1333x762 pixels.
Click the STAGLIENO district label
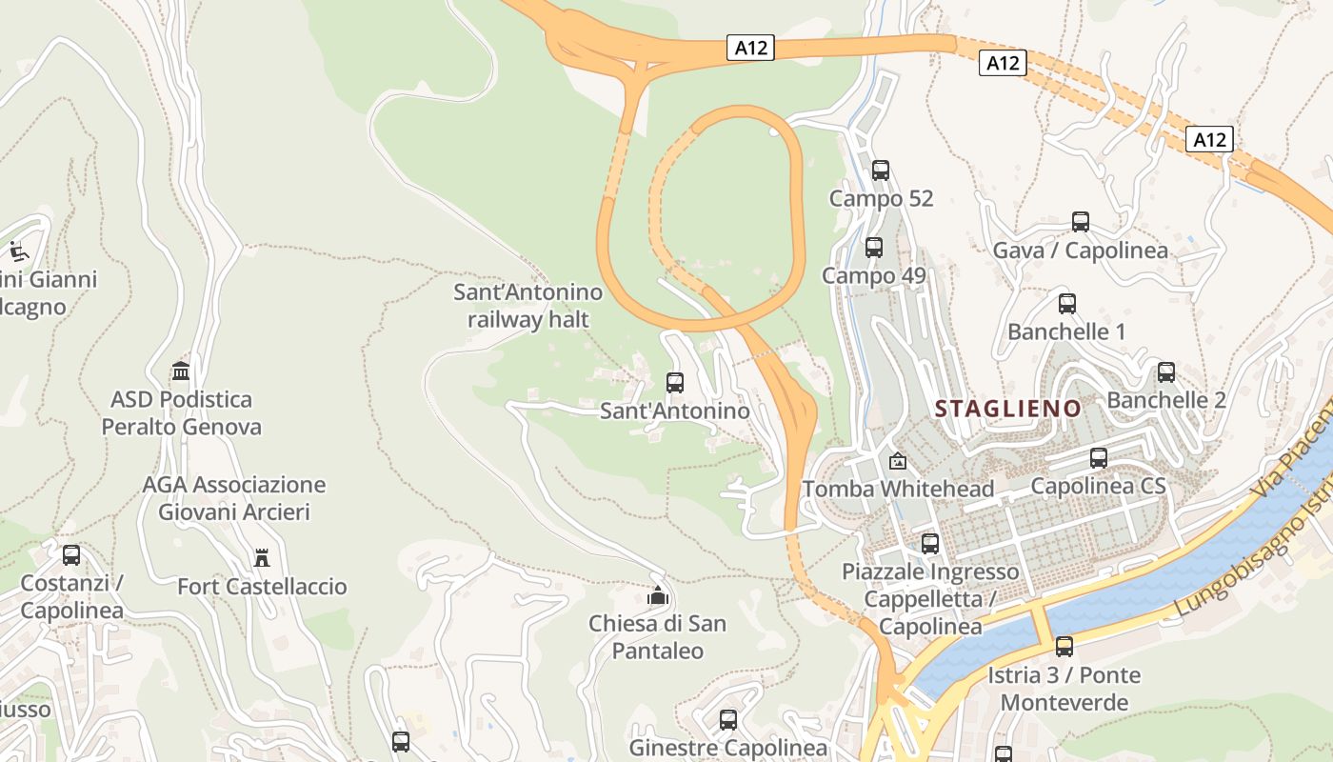click(1007, 409)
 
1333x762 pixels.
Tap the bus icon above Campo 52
click(881, 170)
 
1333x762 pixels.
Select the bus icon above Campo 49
click(874, 248)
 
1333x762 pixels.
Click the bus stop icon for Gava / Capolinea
click(1081, 222)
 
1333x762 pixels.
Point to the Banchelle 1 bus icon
click(1067, 304)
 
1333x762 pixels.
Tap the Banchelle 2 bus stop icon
click(1166, 372)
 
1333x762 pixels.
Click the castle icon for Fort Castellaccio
click(262, 557)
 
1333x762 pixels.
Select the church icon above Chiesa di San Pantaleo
click(657, 596)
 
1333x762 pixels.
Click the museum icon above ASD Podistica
click(181, 371)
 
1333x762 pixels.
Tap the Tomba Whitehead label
click(898, 489)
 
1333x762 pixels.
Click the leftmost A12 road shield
click(750, 48)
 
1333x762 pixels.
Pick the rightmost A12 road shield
click(1210, 140)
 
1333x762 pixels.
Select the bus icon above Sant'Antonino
click(675, 383)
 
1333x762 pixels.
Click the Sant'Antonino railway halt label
click(528, 306)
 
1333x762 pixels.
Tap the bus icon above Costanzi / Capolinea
click(71, 554)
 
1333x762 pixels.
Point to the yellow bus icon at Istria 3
click(1064, 647)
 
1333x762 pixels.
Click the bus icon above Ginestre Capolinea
click(728, 720)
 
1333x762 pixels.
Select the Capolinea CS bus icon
click(1099, 458)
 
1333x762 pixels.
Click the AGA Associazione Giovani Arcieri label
click(234, 498)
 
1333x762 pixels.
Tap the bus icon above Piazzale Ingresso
click(930, 544)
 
